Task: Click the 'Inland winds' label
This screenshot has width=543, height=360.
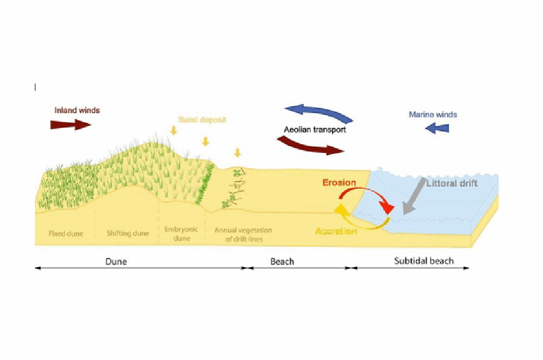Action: [77, 110]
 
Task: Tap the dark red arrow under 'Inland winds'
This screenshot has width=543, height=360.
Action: [70, 125]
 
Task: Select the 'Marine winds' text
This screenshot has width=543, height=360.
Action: [433, 115]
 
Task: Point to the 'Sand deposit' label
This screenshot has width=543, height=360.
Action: [202, 120]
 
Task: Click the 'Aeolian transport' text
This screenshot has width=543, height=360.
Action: [315, 130]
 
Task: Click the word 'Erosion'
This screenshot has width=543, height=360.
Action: [339, 183]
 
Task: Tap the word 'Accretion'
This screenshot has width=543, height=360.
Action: [336, 231]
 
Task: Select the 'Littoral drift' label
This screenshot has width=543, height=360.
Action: [452, 183]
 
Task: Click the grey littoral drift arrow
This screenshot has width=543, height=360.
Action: [415, 197]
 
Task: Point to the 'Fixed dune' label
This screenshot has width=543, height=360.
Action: [66, 233]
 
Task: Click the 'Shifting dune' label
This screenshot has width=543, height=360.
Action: [128, 233]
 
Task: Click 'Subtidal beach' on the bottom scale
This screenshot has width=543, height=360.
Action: [423, 261]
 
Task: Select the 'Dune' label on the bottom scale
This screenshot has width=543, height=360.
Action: [116, 261]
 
